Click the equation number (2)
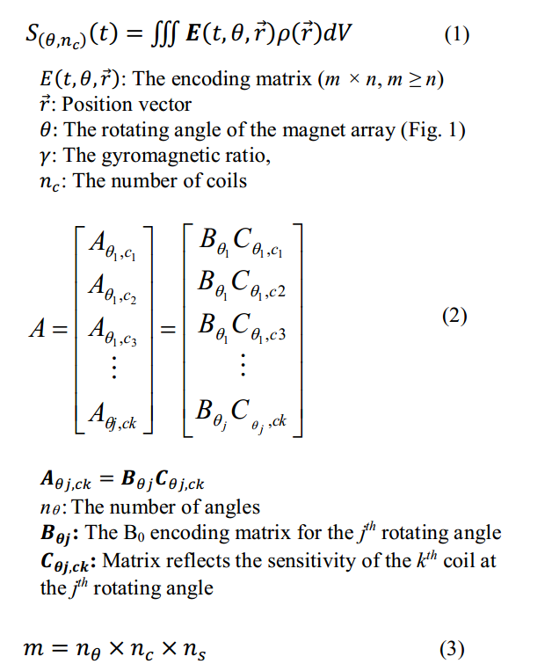[x=454, y=317]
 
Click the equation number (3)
[x=453, y=650]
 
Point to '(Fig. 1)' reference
[x=433, y=130]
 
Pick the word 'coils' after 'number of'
[x=226, y=181]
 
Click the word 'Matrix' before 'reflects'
[x=133, y=560]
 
